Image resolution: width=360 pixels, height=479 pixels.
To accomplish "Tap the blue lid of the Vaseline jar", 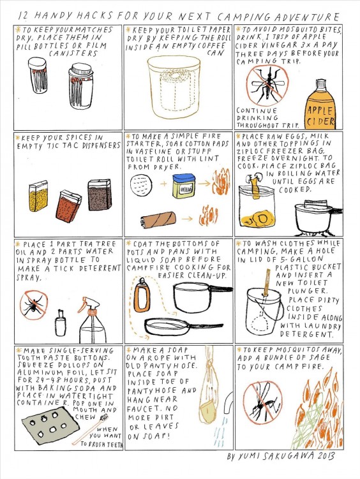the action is pyautogui.click(x=183, y=179).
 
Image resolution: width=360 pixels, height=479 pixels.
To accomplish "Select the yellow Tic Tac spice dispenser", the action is pyautogui.click(x=38, y=196).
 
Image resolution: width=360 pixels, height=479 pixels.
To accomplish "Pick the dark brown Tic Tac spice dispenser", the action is pyautogui.click(x=100, y=195).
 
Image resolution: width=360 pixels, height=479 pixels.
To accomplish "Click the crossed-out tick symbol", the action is pyautogui.click(x=34, y=305).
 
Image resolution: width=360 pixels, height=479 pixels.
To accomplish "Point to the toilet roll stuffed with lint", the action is pyautogui.click(x=158, y=219).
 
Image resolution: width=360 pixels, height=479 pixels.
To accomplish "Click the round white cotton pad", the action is pyautogui.click(x=141, y=184).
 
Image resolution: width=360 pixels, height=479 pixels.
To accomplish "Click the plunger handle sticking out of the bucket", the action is pyautogui.click(x=267, y=283).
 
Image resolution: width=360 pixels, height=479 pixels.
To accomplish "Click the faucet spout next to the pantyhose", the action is pyautogui.click(x=228, y=402).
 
